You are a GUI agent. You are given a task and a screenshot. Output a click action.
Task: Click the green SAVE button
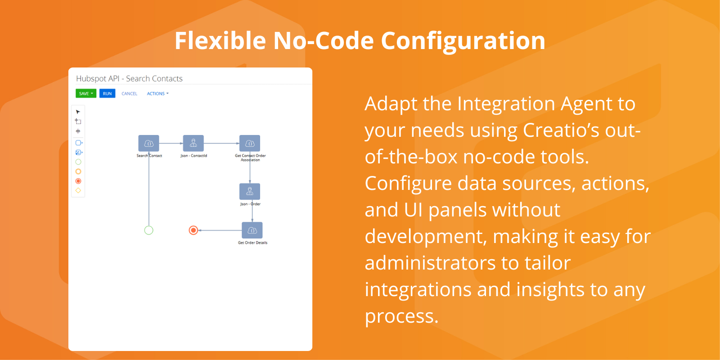(x=86, y=94)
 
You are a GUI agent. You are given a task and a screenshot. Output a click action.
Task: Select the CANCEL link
(x=129, y=94)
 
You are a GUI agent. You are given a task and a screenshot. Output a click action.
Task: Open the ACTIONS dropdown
(x=157, y=94)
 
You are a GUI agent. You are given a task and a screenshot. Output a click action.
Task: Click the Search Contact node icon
(x=148, y=144)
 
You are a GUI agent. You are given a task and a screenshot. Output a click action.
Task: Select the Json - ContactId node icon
(x=193, y=144)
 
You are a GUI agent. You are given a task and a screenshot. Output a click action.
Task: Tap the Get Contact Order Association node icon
(x=250, y=144)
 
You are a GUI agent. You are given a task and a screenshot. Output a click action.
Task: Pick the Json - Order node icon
(x=250, y=192)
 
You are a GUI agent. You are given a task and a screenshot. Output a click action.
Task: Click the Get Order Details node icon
(x=252, y=230)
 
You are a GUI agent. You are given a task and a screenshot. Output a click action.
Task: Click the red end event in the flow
(x=193, y=230)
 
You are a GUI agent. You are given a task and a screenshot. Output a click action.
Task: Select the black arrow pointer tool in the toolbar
(x=78, y=112)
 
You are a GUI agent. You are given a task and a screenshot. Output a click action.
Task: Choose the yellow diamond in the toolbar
(x=78, y=191)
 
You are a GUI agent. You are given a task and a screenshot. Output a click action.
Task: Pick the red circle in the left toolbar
(x=78, y=181)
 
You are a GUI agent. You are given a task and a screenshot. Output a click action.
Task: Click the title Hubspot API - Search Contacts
(x=129, y=79)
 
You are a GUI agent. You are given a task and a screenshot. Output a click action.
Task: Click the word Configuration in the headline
(x=463, y=41)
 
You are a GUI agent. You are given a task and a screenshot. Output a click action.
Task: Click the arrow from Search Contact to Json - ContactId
(x=171, y=144)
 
